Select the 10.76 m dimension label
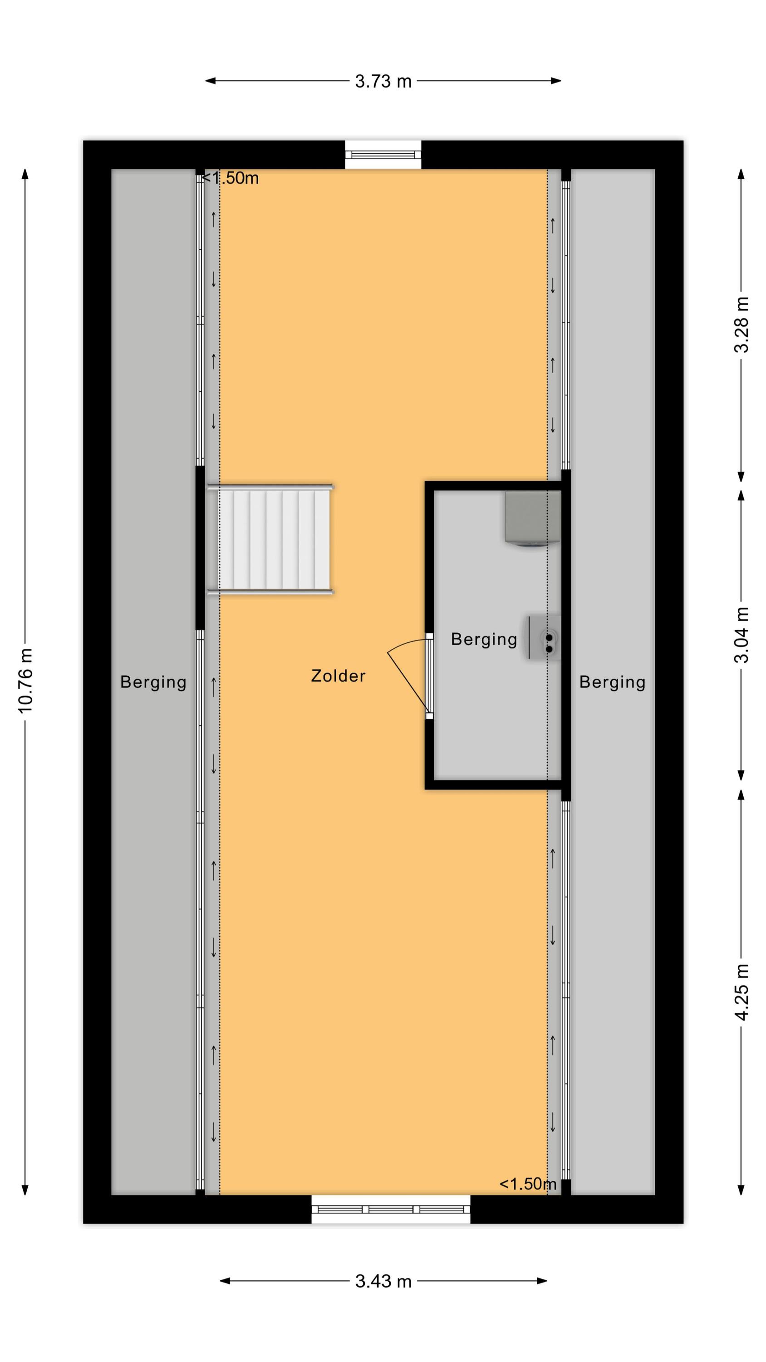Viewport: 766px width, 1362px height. click(25, 681)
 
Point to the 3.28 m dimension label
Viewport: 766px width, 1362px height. click(741, 325)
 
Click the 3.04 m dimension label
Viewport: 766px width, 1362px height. click(741, 635)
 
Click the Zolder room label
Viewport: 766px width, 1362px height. click(338, 676)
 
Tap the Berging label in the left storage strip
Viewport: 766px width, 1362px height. click(153, 682)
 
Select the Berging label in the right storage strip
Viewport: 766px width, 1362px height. click(612, 682)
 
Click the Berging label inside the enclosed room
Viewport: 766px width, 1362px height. click(484, 640)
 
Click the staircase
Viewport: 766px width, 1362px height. click(270, 539)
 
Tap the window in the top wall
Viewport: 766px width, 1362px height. click(383, 154)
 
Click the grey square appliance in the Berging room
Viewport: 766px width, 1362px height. click(532, 518)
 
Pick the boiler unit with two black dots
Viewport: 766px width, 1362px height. click(544, 637)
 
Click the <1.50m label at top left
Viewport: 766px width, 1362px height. click(231, 178)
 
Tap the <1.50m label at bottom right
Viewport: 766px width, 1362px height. click(528, 1184)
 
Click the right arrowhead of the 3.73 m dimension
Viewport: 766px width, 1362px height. click(556, 81)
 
